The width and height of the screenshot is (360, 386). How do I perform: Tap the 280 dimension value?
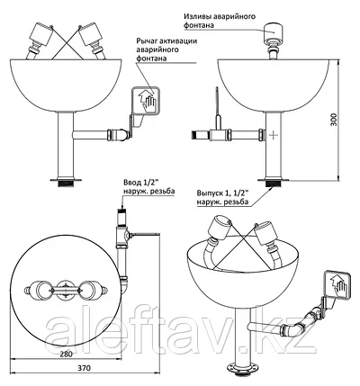coord(66,354)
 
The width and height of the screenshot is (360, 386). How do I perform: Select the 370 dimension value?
coord(84,368)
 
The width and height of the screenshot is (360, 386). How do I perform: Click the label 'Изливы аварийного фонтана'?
coord(220,21)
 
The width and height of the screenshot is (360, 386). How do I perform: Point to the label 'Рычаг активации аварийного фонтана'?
coord(166,49)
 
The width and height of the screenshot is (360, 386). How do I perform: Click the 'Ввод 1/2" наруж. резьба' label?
coord(148,187)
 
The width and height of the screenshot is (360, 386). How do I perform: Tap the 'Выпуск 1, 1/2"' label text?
coord(223,193)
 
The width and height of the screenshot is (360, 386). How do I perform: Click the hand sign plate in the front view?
coord(145,101)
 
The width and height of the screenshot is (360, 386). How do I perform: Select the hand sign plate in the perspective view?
coord(337,284)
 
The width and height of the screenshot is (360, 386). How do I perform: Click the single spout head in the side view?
coord(274,32)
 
